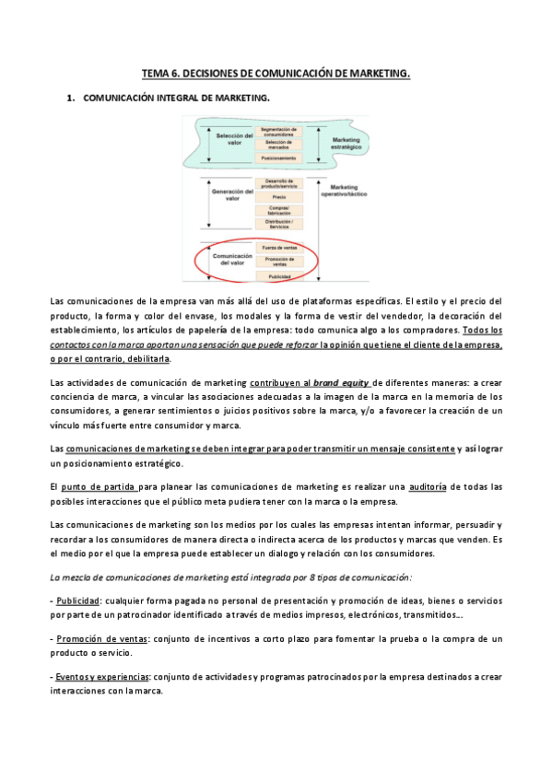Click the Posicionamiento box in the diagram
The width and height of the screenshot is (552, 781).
click(x=278, y=157)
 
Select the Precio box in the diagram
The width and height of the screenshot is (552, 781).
click(x=278, y=196)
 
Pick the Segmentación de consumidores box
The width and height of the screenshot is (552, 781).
click(x=278, y=130)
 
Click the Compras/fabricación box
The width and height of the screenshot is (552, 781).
click(x=278, y=210)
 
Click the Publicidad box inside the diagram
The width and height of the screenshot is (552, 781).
click(x=278, y=276)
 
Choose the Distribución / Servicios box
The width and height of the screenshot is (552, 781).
click(x=278, y=225)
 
